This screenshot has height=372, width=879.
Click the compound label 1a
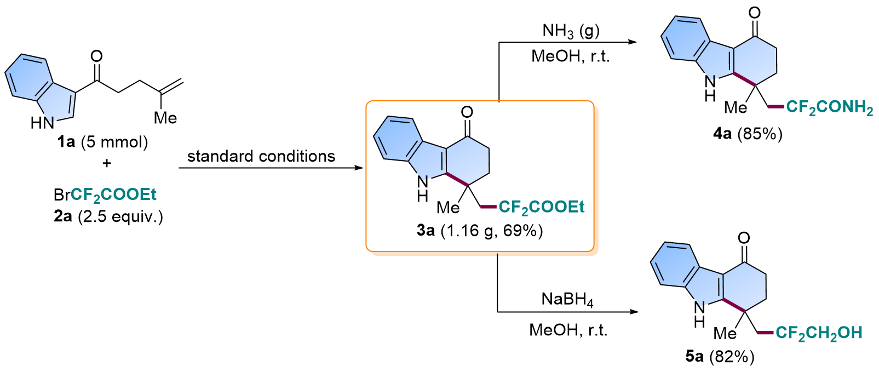click(x=66, y=142)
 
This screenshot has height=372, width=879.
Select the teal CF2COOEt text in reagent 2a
click(x=113, y=194)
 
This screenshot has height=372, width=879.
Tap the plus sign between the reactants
click(x=106, y=163)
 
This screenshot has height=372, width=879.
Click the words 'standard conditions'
click(x=261, y=156)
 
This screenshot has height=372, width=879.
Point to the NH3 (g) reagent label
click(x=571, y=31)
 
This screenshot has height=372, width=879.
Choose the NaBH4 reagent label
click(x=567, y=300)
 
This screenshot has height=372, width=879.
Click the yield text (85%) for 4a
click(x=760, y=134)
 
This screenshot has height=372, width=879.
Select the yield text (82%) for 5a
click(x=732, y=357)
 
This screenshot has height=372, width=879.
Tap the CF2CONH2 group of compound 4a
click(x=830, y=107)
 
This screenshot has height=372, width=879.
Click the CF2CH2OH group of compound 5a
click(x=819, y=333)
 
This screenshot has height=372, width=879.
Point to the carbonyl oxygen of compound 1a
click(x=96, y=56)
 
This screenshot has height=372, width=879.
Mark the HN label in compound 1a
click(x=42, y=123)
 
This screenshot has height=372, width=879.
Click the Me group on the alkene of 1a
click(x=165, y=118)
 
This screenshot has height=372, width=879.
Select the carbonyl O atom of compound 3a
click(x=467, y=113)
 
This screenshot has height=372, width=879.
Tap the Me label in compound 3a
click(x=448, y=207)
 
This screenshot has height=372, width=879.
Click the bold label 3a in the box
click(x=426, y=231)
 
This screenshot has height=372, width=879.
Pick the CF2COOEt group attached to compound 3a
click(x=542, y=207)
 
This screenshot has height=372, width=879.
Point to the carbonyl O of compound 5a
click(x=744, y=238)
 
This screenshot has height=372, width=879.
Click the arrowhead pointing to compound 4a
click(x=632, y=42)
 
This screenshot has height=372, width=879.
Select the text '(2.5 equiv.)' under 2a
click(x=120, y=216)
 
